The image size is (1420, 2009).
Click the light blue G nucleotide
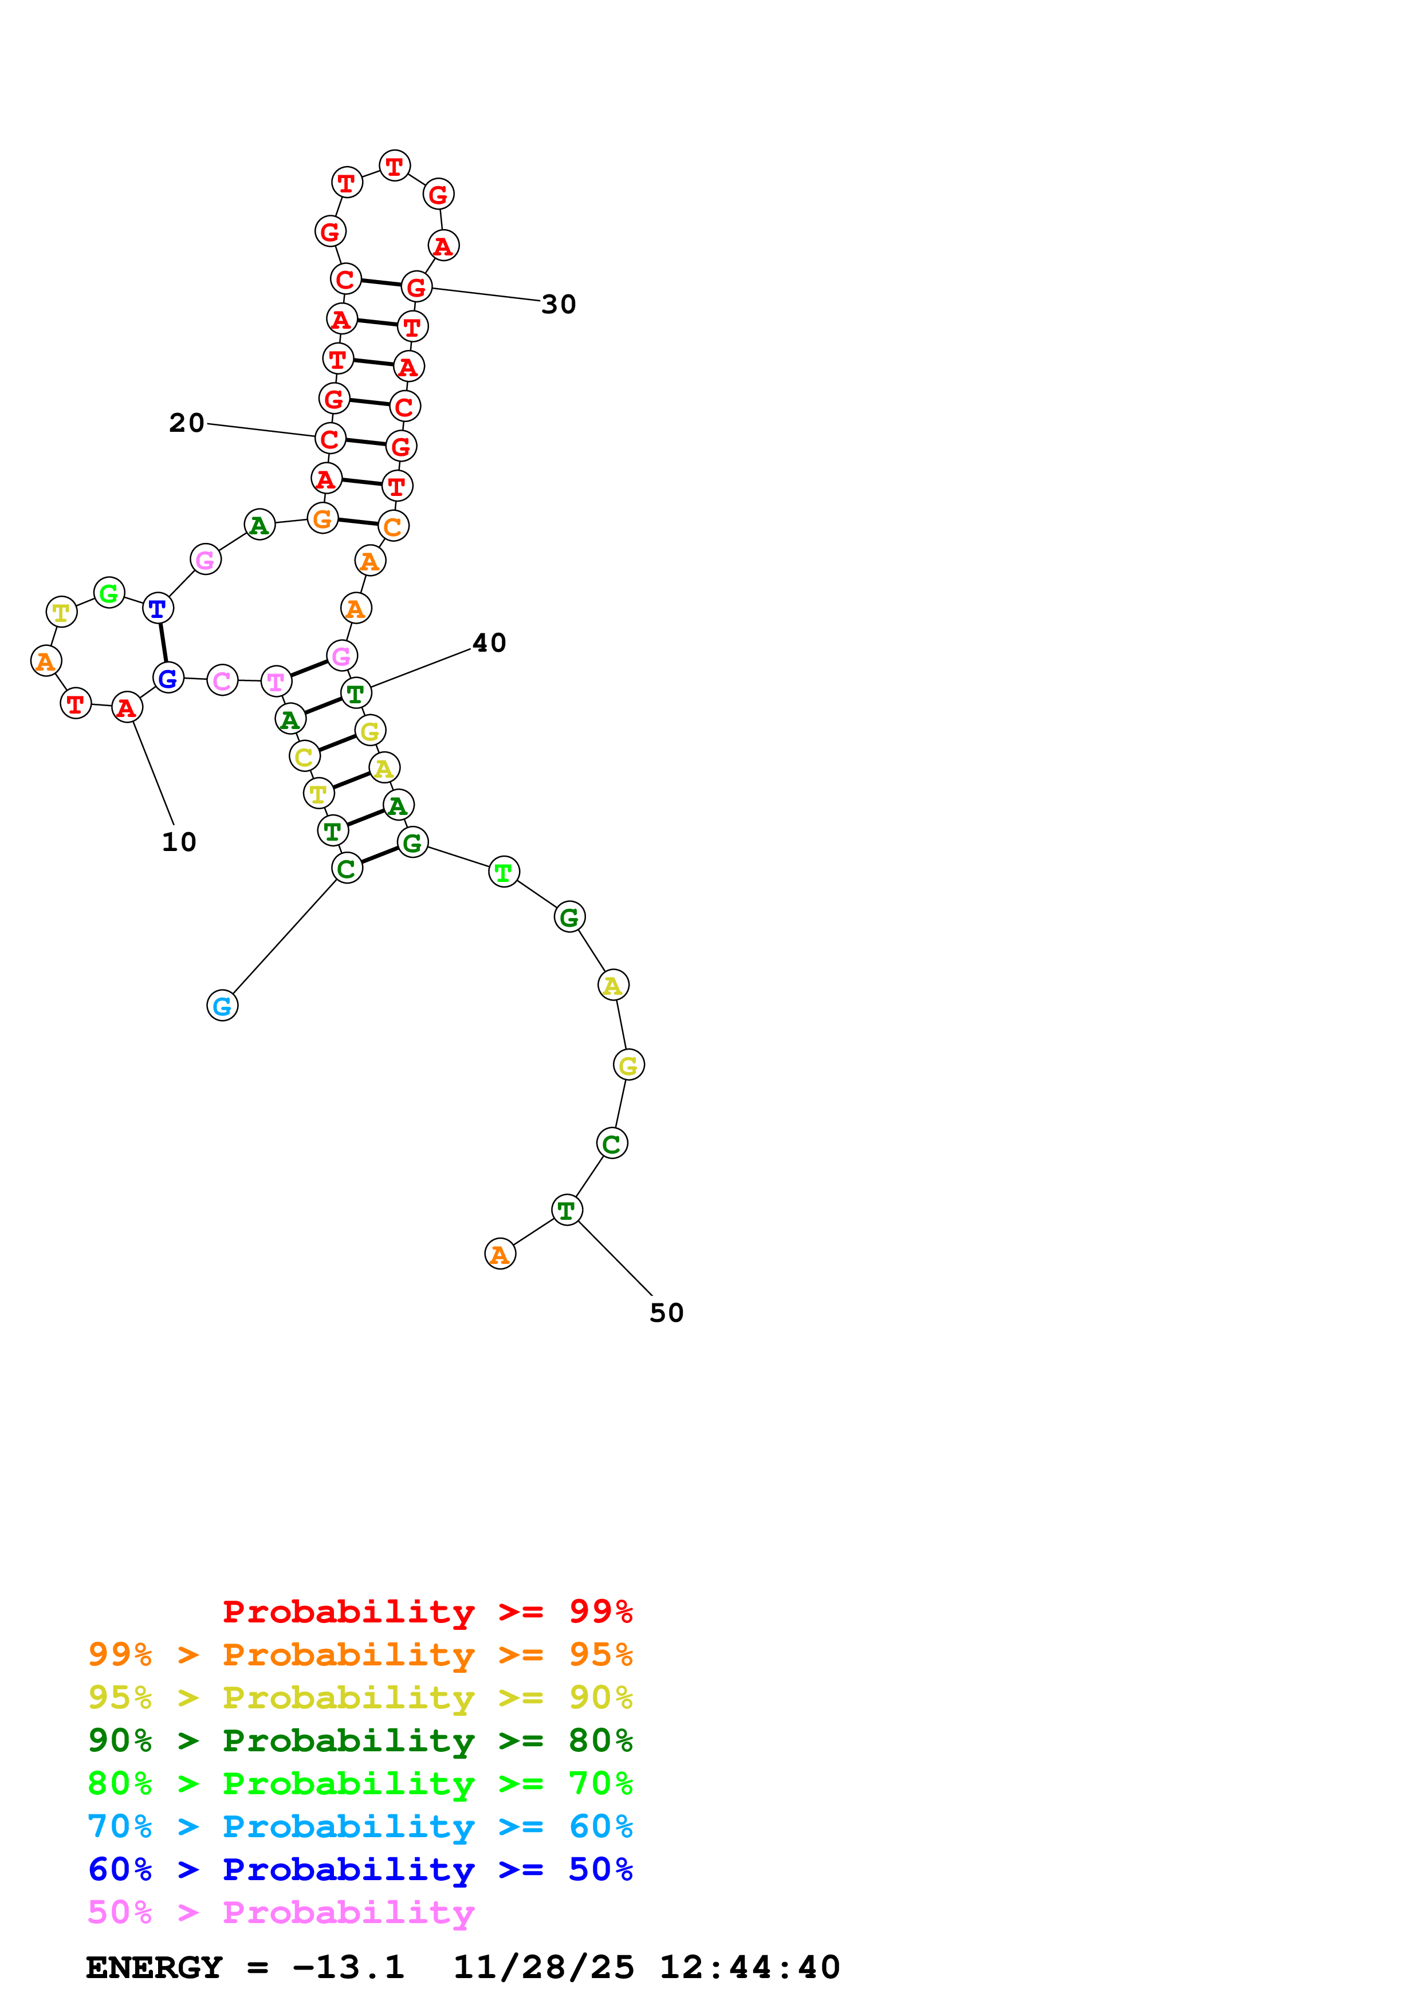[222, 1006]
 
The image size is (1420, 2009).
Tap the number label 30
[558, 305]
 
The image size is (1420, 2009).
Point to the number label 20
[186, 423]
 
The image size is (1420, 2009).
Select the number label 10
[179, 842]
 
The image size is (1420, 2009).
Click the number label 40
[489, 643]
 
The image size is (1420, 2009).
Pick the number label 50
[666, 1313]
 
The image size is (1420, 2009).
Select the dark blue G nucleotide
[168, 677]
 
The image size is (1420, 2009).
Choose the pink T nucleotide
[276, 681]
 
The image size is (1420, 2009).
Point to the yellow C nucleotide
[304, 757]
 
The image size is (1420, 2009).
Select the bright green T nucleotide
[503, 872]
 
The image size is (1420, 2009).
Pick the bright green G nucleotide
[108, 593]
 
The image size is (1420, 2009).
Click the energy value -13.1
[348, 1967]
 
